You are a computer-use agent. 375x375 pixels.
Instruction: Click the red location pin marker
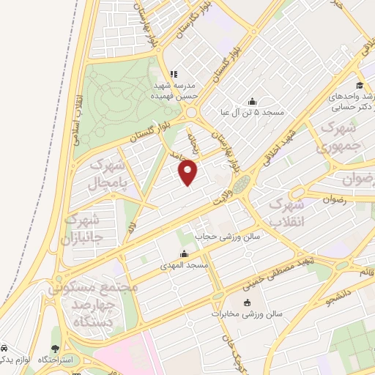189,172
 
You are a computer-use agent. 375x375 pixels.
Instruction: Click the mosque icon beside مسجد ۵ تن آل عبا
253,101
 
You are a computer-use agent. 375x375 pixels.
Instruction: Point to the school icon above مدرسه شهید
174,74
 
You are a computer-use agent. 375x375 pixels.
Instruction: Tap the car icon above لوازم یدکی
4,349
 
